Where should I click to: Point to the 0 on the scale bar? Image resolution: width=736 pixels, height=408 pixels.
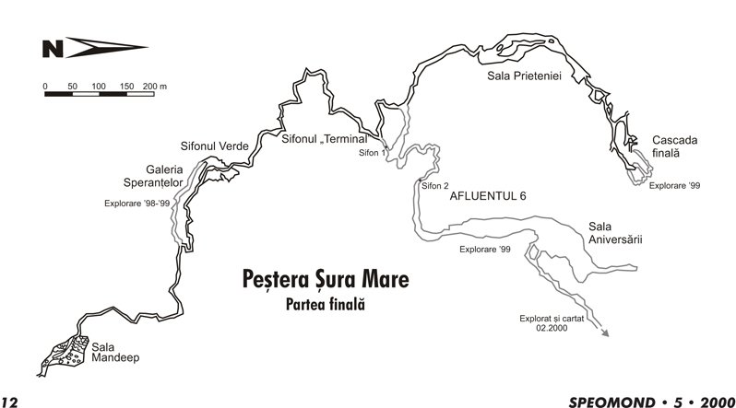(45, 86)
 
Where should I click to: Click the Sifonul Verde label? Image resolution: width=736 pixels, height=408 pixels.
(208, 146)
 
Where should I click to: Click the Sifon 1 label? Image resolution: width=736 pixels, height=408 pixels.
(371, 152)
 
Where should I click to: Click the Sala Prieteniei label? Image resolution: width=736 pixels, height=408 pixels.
(524, 76)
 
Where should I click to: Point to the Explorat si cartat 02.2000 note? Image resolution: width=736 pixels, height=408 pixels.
(549, 324)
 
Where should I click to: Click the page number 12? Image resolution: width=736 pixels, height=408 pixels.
(10, 401)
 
